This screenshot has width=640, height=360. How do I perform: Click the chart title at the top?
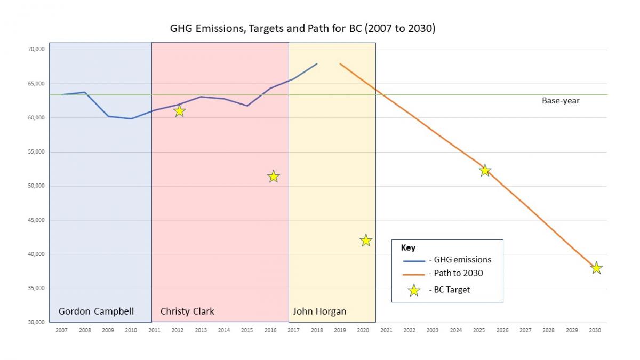302,29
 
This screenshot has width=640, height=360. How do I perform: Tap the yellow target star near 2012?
179,111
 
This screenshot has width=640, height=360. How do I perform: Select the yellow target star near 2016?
273,177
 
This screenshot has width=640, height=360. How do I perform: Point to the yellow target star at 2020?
365,241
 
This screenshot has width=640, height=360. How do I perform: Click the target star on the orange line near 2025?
485,171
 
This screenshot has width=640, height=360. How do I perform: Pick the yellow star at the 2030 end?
596,268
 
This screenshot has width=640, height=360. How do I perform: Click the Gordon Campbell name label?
96,311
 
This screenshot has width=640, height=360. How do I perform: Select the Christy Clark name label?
187,311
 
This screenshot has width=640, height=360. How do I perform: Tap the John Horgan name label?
319,311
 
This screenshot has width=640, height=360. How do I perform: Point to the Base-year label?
561,101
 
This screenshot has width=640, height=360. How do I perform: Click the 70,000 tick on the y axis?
36,50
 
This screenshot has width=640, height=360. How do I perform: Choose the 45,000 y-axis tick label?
36,220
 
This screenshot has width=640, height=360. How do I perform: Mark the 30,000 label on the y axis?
36,322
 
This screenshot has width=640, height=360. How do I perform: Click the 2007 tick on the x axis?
61,330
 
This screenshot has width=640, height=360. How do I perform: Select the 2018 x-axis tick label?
316,330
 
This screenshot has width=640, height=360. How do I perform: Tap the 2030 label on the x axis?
595,330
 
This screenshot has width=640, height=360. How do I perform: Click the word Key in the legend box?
408,248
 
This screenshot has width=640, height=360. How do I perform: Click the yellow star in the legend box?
414,291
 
